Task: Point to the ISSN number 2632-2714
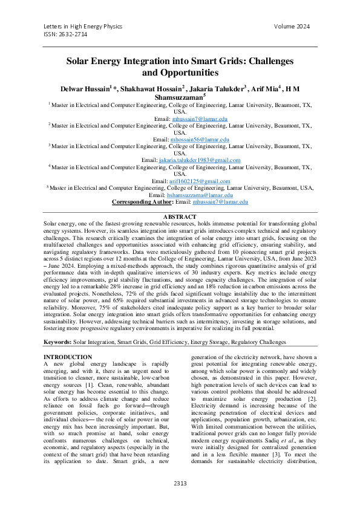click(x=66, y=35)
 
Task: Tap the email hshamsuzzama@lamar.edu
click(x=200, y=195)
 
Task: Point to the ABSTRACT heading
click(x=180, y=217)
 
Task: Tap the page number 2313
click(x=180, y=483)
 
